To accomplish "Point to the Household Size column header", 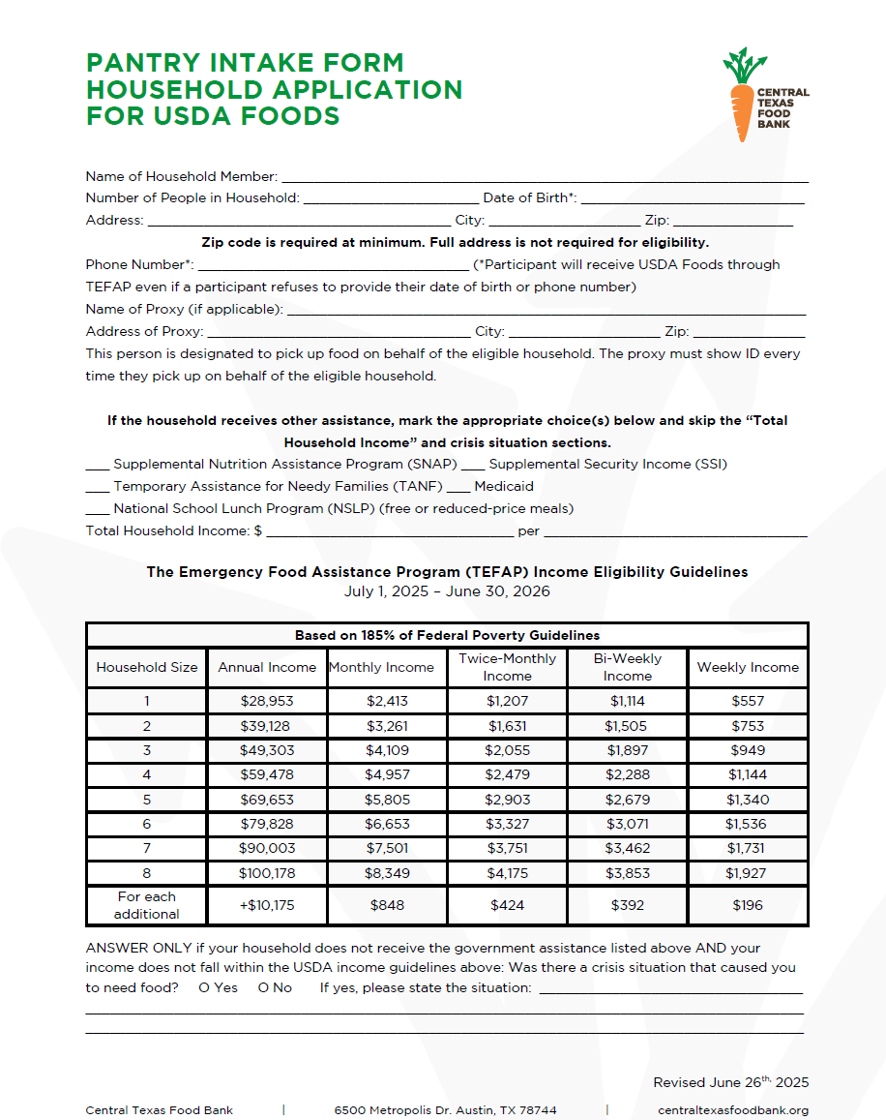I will pyautogui.click(x=147, y=667).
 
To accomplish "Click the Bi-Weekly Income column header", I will pyautogui.click(x=628, y=667).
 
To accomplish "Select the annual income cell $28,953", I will pyautogui.click(x=267, y=701).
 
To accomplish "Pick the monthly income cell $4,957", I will pyautogui.click(x=388, y=774).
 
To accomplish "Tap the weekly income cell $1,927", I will pyautogui.click(x=748, y=873).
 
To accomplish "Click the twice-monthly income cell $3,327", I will pyautogui.click(x=508, y=824).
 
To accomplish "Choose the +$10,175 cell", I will pyautogui.click(x=267, y=905).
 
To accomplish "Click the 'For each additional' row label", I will pyautogui.click(x=147, y=905).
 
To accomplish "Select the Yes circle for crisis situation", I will pyautogui.click(x=204, y=987).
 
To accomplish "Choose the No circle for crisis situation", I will pyautogui.click(x=263, y=987).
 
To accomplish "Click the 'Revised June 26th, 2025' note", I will pyautogui.click(x=730, y=1082).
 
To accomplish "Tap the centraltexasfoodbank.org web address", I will pyautogui.click(x=732, y=1110).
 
